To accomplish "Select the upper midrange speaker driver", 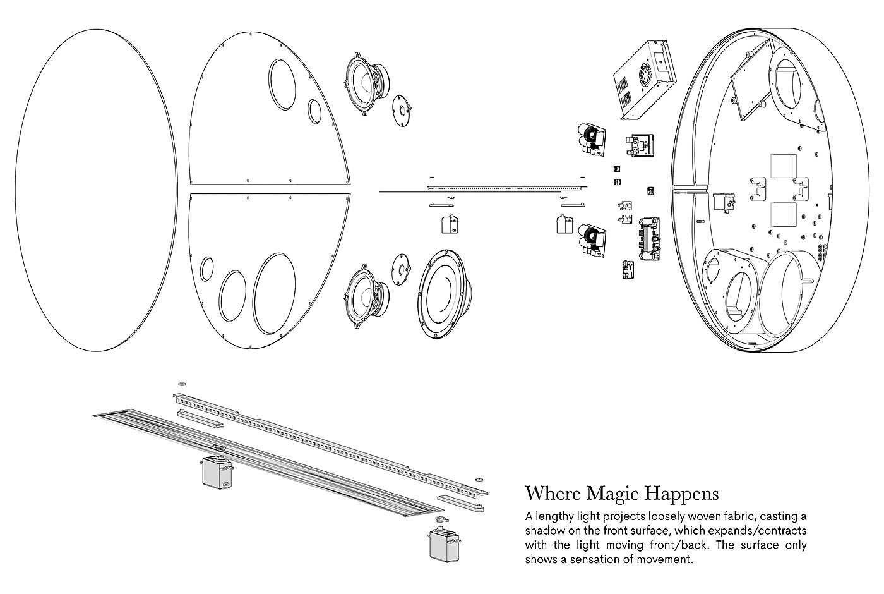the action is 366,83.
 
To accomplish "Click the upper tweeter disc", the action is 402,111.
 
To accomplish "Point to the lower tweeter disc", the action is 402,269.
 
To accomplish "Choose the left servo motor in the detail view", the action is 217,471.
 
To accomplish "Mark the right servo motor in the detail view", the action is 445,545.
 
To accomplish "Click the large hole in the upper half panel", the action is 282,85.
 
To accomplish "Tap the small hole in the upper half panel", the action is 314,111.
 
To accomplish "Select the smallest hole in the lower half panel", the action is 207,269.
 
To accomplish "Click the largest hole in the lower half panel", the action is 274,293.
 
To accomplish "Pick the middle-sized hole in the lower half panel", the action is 232,296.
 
